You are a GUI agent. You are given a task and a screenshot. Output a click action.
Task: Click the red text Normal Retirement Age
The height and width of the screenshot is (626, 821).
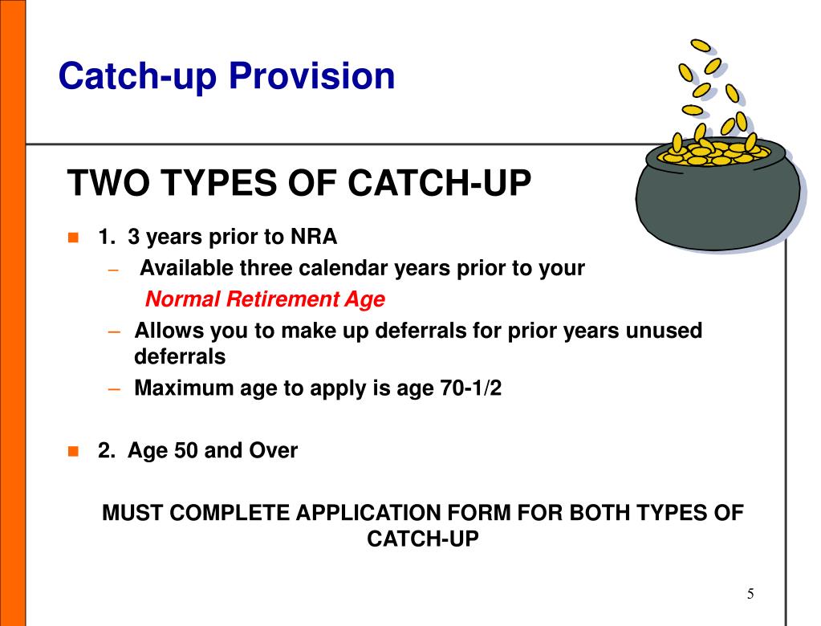265,300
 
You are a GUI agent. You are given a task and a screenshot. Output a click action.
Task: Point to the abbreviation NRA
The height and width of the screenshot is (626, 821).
315,238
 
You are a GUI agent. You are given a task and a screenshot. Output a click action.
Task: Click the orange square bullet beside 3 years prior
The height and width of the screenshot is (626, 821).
73,238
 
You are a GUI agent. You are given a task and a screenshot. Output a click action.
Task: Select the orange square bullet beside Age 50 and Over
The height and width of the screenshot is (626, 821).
73,451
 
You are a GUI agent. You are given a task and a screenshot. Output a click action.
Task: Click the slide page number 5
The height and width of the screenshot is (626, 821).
750,594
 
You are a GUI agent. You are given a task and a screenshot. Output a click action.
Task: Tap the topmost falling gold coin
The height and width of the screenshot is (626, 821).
701,46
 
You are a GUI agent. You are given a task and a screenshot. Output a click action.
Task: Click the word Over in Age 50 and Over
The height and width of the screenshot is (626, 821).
273,451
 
